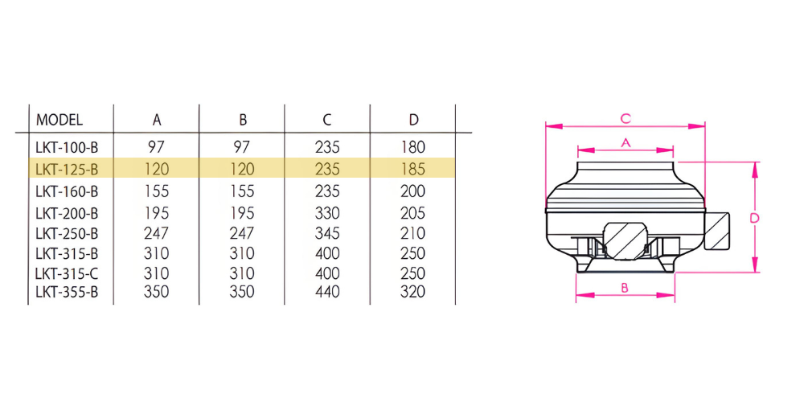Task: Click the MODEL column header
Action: click(59, 120)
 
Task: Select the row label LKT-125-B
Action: click(67, 168)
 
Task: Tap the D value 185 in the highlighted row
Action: click(413, 168)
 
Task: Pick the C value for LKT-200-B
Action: click(327, 212)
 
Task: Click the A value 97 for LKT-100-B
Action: click(157, 147)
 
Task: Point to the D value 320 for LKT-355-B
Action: click(413, 292)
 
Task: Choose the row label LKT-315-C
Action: click(67, 273)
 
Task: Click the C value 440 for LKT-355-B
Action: click(327, 292)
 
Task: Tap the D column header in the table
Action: click(414, 120)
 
